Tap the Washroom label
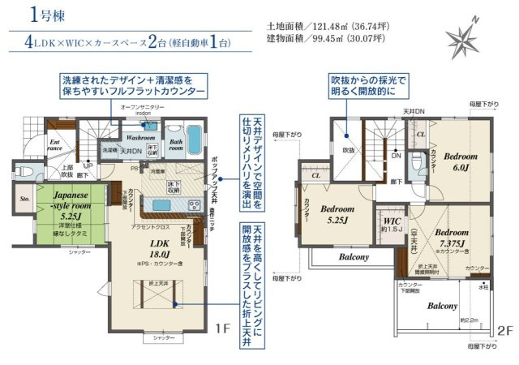click(x=124, y=138)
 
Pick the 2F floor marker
click(x=506, y=332)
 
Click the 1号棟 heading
click(x=42, y=14)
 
